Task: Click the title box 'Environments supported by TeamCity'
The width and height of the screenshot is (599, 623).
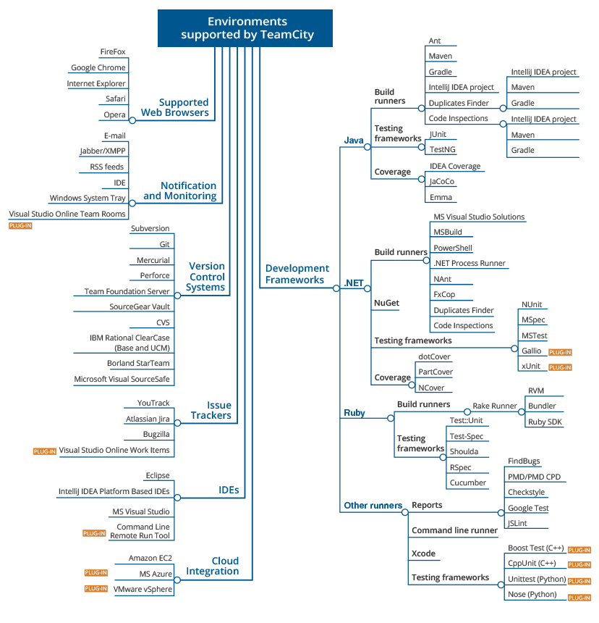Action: (245, 28)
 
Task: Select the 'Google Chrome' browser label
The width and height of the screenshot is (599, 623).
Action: (98, 67)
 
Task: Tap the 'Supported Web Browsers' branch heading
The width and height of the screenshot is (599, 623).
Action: (175, 108)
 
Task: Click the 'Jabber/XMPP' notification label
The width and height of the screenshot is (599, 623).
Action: (103, 151)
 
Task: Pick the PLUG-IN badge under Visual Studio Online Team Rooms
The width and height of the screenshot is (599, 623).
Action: (20, 226)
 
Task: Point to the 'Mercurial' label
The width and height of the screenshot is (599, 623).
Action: (153, 260)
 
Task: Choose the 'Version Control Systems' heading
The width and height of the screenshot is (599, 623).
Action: (205, 277)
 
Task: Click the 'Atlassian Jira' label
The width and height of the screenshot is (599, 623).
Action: (148, 419)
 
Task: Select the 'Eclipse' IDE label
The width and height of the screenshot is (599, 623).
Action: (158, 475)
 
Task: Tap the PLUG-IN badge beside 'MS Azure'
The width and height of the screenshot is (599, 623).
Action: (96, 572)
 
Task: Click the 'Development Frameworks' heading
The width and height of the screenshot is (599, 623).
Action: (297, 274)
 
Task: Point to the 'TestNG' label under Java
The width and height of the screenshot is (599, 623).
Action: (443, 149)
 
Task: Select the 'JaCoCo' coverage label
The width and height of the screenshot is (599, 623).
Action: (442, 182)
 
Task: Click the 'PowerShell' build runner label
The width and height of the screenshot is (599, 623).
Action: (453, 248)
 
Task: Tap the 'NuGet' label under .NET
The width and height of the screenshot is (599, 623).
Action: (386, 303)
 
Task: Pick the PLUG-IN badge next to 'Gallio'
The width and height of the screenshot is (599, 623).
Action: (560, 352)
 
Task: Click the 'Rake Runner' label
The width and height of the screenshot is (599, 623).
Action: (495, 406)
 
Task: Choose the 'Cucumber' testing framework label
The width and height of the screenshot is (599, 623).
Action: (467, 482)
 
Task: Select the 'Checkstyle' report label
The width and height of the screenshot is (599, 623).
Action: (527, 493)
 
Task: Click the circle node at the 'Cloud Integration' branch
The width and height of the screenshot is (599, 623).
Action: (177, 580)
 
